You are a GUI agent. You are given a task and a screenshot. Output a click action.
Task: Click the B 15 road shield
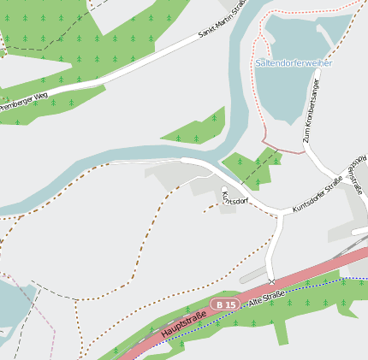point(226,304)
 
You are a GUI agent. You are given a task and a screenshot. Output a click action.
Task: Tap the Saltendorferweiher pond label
point(294,63)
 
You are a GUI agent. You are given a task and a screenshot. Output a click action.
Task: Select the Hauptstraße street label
point(177,326)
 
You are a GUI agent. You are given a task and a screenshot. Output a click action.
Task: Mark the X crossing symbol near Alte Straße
point(271,281)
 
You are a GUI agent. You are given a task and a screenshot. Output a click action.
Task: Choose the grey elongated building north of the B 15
point(258,273)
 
